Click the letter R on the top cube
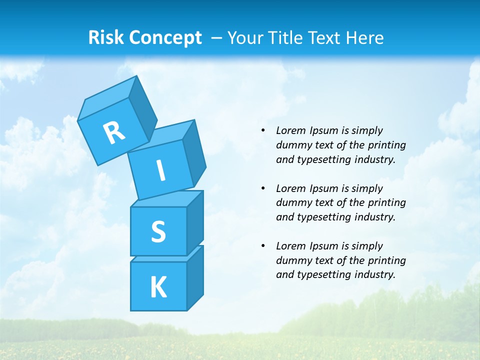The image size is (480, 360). [x=114, y=133]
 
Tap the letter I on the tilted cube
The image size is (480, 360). [x=161, y=170]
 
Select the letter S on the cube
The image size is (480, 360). [x=158, y=231]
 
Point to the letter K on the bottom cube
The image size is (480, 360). [x=158, y=287]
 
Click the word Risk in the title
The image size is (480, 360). [x=106, y=37]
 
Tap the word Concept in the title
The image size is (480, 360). [x=165, y=38]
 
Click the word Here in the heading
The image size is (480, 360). [x=364, y=37]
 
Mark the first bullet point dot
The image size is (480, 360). [x=263, y=130]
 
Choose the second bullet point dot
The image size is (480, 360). [x=263, y=188]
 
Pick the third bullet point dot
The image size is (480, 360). [x=263, y=246]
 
